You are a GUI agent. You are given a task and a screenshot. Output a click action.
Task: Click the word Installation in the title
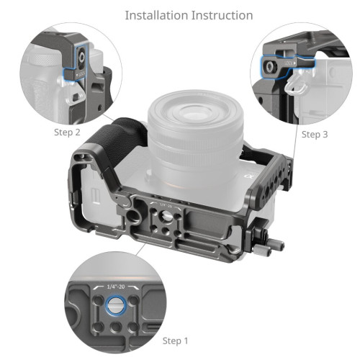point(156,14)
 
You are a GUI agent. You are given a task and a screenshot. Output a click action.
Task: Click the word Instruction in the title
point(220,14)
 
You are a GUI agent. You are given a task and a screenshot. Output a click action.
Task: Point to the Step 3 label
point(315,134)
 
